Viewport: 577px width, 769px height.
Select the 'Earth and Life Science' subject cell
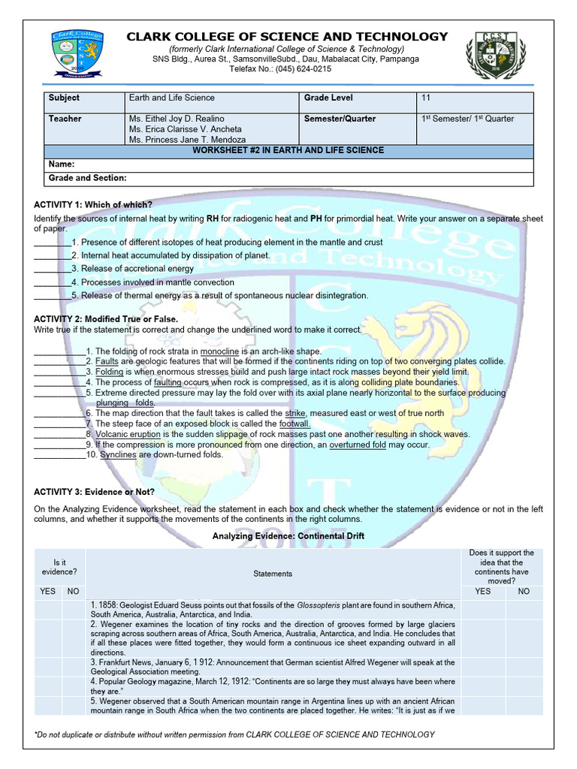172,98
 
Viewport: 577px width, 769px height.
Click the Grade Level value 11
426,98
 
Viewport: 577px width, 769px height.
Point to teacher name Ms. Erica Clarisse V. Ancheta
186,129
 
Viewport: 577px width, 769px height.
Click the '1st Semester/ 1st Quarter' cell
467,119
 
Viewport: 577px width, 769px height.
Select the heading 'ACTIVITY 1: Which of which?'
93,205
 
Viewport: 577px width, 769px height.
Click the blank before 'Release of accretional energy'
52,269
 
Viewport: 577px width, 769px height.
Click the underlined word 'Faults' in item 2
107,361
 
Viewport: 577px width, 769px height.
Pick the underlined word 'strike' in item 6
295,413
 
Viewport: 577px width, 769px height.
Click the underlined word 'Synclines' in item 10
119,455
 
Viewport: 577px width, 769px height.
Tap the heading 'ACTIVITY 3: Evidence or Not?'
95,492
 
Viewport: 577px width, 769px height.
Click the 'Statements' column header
273,574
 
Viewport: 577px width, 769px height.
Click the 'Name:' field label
63,164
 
